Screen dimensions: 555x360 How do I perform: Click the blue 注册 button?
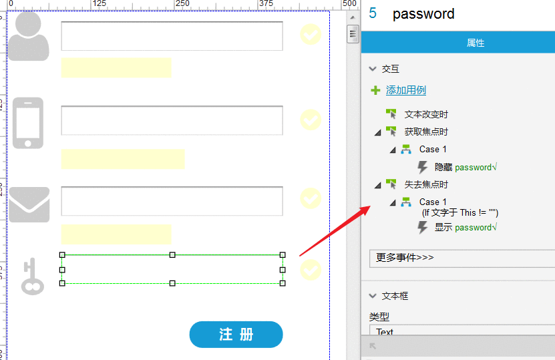pyautogui.click(x=236, y=335)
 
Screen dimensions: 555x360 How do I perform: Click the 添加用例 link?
pyautogui.click(x=405, y=90)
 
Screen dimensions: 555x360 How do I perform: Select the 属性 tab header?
pyautogui.click(x=476, y=43)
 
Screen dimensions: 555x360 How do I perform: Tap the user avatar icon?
pyautogui.click(x=28, y=36)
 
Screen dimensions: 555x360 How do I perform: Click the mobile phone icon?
pyautogui.click(x=28, y=123)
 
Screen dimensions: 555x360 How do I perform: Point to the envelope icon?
pyautogui.click(x=29, y=204)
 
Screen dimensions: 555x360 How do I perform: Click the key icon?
pyautogui.click(x=32, y=277)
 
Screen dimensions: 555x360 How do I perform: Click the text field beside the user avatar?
pyautogui.click(x=172, y=36)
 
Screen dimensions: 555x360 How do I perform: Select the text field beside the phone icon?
pyautogui.click(x=172, y=120)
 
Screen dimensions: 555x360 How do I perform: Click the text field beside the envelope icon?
pyautogui.click(x=172, y=201)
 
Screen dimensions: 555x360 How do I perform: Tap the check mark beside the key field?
pyautogui.click(x=311, y=270)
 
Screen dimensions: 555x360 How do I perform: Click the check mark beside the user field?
pyautogui.click(x=311, y=34)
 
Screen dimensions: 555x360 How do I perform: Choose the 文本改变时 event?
pyautogui.click(x=426, y=114)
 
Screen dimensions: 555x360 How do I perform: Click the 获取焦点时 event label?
pyautogui.click(x=426, y=132)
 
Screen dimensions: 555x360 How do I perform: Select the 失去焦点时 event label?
pyautogui.click(x=426, y=184)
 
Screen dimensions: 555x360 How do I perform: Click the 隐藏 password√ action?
pyautogui.click(x=466, y=167)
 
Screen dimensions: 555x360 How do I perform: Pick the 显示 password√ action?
pyautogui.click(x=466, y=227)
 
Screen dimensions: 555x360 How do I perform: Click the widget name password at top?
pyautogui.click(x=423, y=14)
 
